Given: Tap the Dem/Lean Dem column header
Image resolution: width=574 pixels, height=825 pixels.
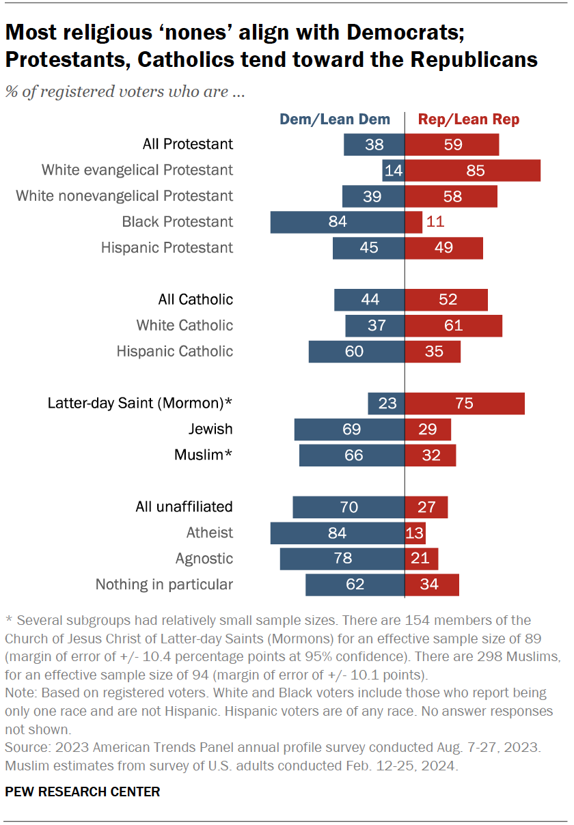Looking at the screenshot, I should (x=335, y=120).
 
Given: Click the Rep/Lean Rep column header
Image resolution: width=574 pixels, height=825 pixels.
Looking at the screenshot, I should (x=469, y=120).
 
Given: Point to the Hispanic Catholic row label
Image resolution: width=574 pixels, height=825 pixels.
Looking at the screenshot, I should (x=174, y=352).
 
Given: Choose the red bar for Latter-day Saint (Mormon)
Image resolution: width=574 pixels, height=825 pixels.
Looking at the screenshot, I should (x=465, y=404).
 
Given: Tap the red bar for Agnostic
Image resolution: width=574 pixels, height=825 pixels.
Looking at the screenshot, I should (x=421, y=559).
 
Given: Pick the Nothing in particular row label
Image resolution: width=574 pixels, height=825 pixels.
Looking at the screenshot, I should (x=164, y=585).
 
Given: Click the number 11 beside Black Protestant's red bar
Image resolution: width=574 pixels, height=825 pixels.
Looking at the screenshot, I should (x=436, y=222).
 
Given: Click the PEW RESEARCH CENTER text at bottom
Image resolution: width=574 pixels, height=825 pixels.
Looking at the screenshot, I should (x=83, y=792).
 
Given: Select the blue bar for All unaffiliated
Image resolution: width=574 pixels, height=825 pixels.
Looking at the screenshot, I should (x=348, y=507).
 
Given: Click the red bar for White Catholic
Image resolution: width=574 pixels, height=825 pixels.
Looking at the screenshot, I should (x=454, y=326).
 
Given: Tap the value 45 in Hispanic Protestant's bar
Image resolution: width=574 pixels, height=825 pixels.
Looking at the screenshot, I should (x=369, y=248).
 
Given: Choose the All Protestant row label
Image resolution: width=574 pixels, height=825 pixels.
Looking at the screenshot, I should (x=187, y=144).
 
